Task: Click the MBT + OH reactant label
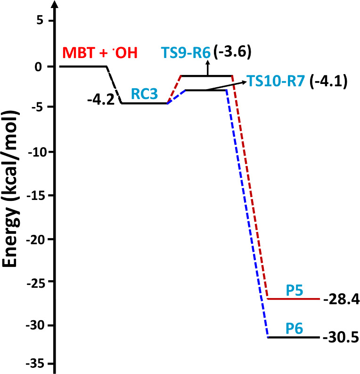[100, 53]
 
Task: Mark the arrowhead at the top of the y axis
[56, 6]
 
